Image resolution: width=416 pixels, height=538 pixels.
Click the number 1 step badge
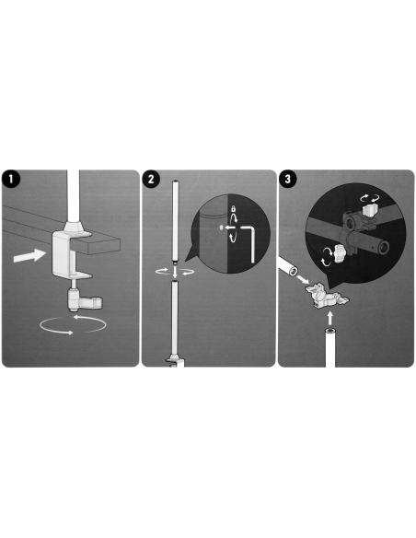click(11, 179)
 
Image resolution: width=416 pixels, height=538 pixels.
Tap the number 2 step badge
click(151, 179)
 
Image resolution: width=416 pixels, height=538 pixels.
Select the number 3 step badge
click(287, 179)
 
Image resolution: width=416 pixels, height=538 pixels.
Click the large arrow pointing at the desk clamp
click(29, 256)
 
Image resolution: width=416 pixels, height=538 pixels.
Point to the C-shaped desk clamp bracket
click(62, 254)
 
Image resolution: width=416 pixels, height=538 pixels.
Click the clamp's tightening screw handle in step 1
click(85, 300)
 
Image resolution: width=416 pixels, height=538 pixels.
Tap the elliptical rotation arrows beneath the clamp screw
click(72, 324)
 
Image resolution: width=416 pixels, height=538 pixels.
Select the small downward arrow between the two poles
click(175, 274)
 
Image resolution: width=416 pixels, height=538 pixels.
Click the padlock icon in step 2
click(234, 208)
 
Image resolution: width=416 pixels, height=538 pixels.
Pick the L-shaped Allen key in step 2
click(249, 241)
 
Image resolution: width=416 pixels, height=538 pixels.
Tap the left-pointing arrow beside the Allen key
click(229, 228)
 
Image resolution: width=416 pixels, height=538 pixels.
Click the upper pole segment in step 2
click(175, 222)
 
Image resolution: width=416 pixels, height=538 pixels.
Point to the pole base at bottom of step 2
click(175, 363)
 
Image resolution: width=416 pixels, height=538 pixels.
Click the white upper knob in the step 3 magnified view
click(369, 210)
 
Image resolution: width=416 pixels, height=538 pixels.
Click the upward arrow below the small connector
click(329, 318)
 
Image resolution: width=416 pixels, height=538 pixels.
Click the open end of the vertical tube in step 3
click(330, 331)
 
